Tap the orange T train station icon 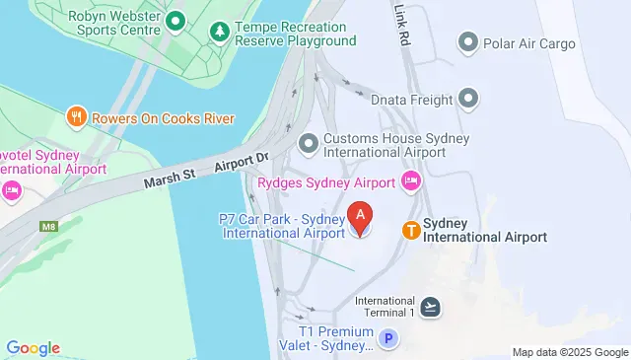410,230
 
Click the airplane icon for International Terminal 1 430,307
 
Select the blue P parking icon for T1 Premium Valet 389,339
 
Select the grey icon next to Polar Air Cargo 468,42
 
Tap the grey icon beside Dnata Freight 468,99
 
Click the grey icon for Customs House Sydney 309,144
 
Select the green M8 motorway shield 47,227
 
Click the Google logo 33,348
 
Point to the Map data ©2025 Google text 570,352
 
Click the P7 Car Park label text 279,225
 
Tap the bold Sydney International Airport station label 484,230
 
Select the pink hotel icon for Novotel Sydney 12,189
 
